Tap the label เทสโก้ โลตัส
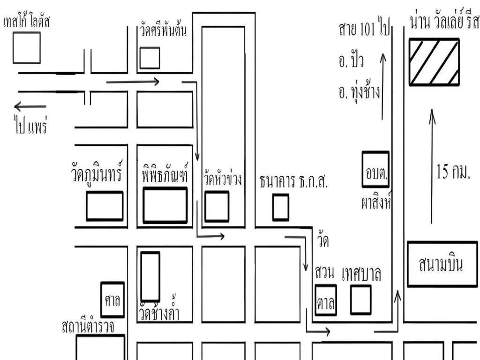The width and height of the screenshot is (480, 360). coord(26,22)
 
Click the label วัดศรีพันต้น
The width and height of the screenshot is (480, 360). coord(163,30)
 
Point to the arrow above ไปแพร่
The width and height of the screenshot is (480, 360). coord(30,106)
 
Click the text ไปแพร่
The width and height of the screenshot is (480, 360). coord(31,123)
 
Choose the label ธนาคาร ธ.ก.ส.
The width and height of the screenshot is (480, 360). coord(293,181)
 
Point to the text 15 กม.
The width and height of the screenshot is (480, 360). coord(453,172)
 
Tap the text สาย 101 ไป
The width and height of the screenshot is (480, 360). coord(364,28)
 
